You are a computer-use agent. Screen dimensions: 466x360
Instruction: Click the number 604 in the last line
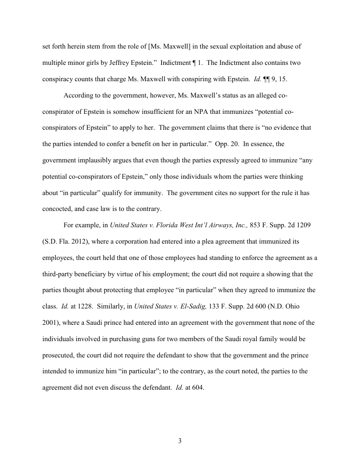pyautogui.click(x=197, y=387)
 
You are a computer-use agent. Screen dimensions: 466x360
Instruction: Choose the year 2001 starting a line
pyautogui.click(x=49, y=322)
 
